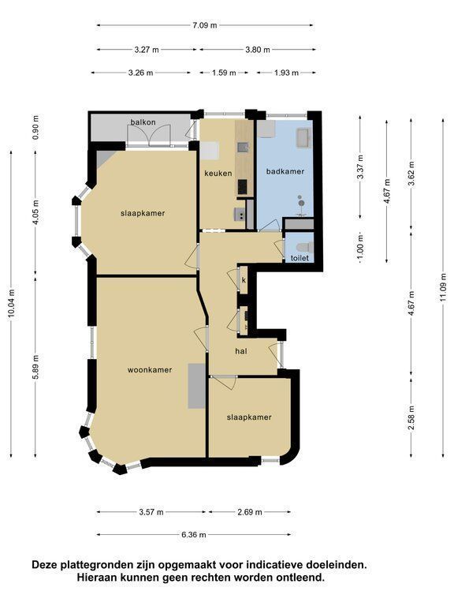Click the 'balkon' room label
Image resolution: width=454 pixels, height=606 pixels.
point(143,122)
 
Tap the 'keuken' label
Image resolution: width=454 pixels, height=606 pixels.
point(218,173)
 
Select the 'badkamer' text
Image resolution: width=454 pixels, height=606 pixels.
point(285,171)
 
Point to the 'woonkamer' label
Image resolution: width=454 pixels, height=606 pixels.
point(150,370)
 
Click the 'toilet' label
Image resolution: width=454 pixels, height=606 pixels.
point(300,258)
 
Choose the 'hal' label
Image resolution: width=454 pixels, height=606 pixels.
point(241,351)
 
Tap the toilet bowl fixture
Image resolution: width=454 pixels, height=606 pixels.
point(304,246)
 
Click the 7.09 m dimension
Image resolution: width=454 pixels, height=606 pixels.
point(205,25)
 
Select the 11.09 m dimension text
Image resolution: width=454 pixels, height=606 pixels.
point(443,287)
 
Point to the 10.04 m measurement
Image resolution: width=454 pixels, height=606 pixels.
point(11,303)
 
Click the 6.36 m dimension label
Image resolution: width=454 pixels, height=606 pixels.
point(193,535)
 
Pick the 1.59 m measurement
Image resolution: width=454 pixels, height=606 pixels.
point(224,73)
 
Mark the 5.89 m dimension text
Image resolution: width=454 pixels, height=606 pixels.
point(35,368)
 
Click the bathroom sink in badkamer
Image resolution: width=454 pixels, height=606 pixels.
point(303,138)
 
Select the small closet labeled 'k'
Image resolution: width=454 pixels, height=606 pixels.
point(244,279)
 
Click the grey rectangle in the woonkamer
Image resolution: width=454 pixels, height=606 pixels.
point(196,386)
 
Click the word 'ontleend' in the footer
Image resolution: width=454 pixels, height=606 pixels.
point(305,578)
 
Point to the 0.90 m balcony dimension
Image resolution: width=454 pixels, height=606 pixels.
point(35,128)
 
